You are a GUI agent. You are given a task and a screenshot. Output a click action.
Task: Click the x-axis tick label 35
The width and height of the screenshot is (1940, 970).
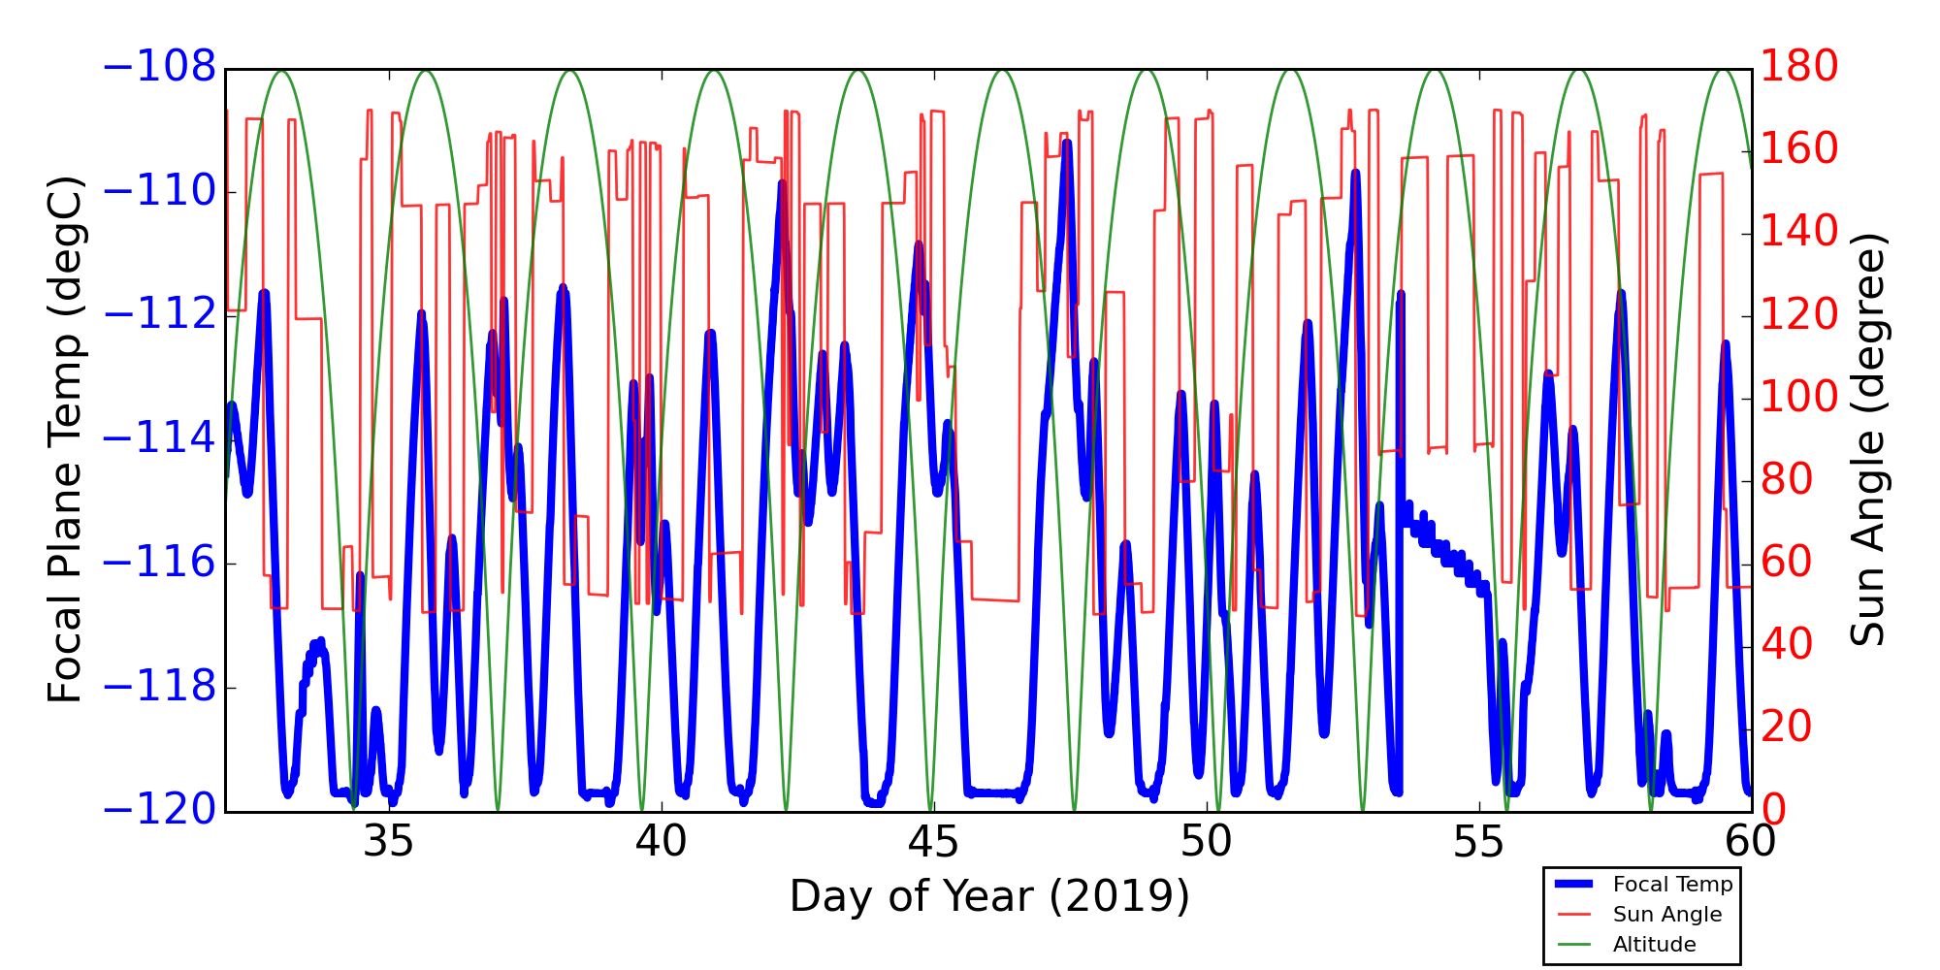(x=388, y=842)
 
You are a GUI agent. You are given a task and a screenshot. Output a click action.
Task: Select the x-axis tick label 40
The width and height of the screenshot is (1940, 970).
(x=662, y=842)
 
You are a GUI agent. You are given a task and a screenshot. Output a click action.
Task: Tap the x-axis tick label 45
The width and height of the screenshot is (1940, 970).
(x=933, y=842)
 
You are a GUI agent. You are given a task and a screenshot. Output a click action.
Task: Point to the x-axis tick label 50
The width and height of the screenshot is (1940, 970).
(x=1207, y=842)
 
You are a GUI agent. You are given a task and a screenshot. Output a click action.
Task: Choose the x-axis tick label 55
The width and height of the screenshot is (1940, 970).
(x=1479, y=842)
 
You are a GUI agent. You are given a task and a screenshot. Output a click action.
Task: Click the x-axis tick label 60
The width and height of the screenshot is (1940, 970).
(x=1751, y=842)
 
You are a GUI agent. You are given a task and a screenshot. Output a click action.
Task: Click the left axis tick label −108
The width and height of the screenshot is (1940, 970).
(x=159, y=68)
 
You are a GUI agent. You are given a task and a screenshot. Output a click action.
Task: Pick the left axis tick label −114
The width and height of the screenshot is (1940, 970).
(x=159, y=439)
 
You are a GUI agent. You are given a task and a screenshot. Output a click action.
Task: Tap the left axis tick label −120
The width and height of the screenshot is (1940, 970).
(x=159, y=810)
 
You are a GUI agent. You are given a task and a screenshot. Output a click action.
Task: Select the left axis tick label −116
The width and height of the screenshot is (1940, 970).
(x=159, y=563)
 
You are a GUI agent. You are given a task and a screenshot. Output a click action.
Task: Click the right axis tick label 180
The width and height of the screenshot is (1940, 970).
(x=1799, y=68)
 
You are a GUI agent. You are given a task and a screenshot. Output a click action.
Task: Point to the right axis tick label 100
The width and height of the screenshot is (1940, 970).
(x=1799, y=398)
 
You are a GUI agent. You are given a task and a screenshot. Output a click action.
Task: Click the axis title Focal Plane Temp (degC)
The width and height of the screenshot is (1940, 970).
(x=65, y=439)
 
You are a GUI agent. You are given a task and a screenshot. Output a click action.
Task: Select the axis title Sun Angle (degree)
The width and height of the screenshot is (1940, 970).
(x=1867, y=439)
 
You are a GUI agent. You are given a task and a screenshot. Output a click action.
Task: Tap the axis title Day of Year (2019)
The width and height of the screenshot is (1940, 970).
(x=989, y=897)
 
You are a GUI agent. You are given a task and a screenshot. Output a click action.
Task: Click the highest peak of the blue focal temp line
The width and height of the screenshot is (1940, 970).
(x=1067, y=143)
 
